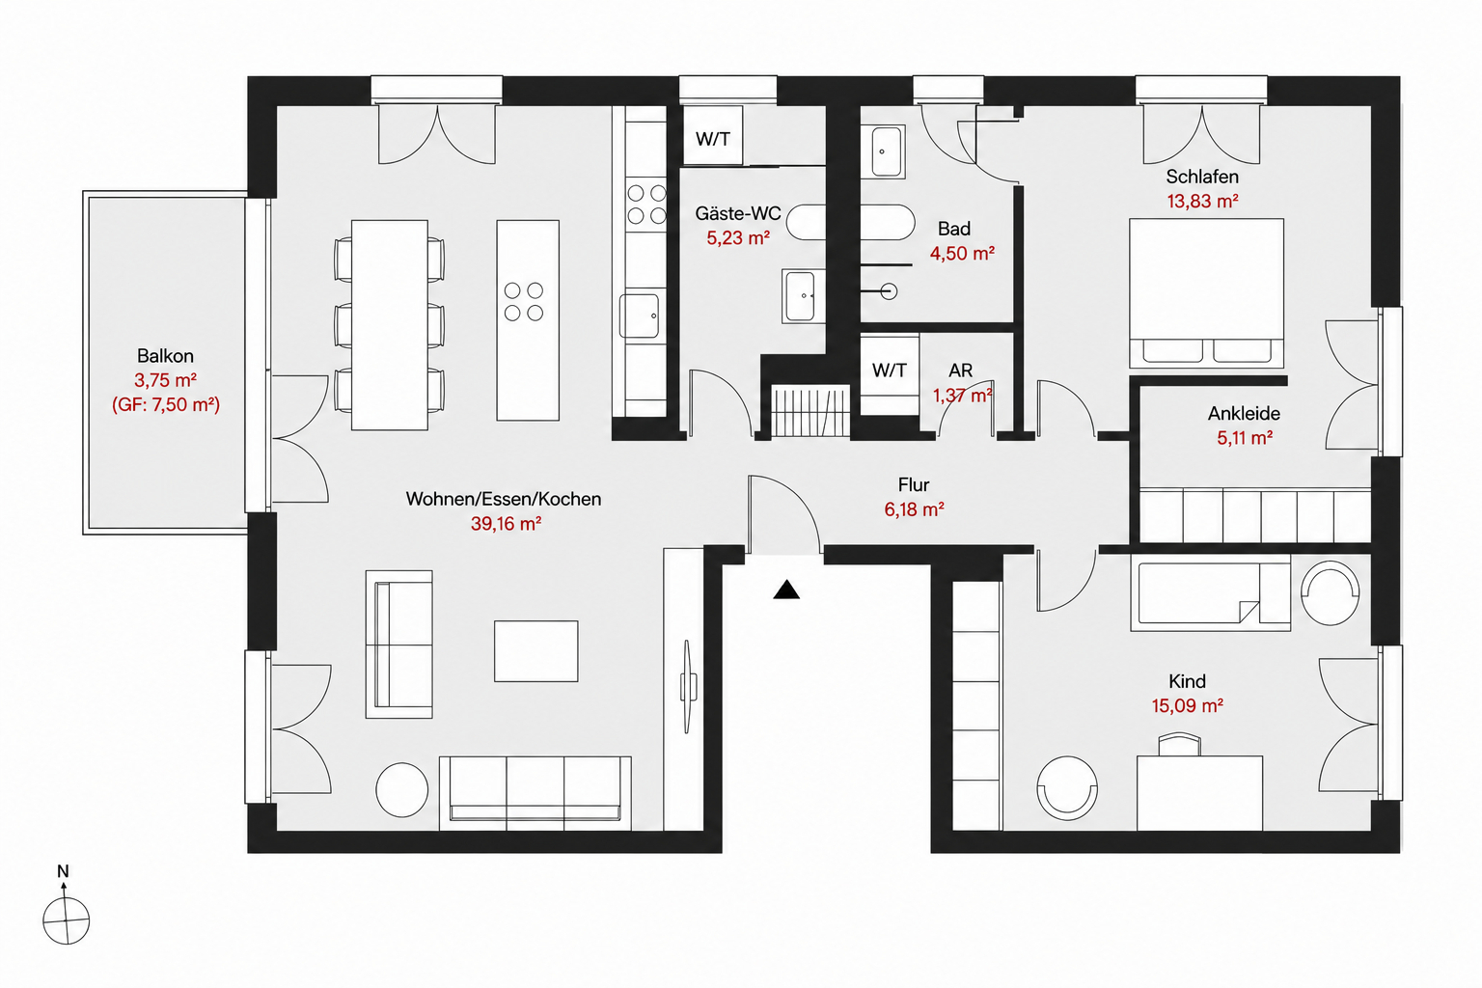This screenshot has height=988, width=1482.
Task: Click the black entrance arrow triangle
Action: (x=786, y=590)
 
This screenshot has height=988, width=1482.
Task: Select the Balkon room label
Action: (x=165, y=356)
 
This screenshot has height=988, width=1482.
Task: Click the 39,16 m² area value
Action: (x=507, y=524)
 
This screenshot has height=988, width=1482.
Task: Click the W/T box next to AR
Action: (x=890, y=370)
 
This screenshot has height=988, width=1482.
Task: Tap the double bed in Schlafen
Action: (x=1206, y=293)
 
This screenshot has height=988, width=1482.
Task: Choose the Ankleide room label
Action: (x=1244, y=414)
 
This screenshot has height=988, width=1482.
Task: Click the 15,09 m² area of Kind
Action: (x=1187, y=705)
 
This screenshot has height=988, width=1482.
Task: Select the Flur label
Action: (x=914, y=485)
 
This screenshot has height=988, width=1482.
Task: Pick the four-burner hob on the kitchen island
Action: (x=523, y=301)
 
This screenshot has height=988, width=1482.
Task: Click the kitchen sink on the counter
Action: (x=639, y=316)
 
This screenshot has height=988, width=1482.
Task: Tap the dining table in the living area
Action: (x=390, y=325)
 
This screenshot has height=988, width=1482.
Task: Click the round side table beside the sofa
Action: (x=401, y=789)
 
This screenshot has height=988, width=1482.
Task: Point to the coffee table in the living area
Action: (x=535, y=651)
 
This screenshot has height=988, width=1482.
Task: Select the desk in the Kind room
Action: (x=1199, y=793)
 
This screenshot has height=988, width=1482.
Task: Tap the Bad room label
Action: (x=954, y=229)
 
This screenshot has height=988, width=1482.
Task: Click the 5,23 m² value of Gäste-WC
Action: (x=738, y=237)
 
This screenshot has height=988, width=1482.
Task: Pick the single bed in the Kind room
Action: (x=1211, y=593)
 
